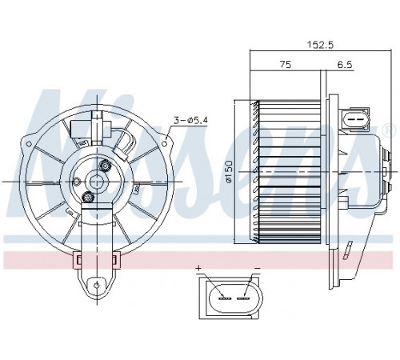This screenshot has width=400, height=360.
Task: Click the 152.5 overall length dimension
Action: pyautogui.click(x=320, y=44)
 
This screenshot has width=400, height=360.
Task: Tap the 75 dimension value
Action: pyautogui.click(x=286, y=65)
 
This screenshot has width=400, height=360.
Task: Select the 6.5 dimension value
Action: pyautogui.click(x=344, y=65)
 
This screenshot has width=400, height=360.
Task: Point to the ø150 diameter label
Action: pyautogui.click(x=229, y=171)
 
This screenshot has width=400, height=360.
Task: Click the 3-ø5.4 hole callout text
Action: pyautogui.click(x=190, y=121)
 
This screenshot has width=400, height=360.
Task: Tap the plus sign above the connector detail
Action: pyautogui.click(x=198, y=268)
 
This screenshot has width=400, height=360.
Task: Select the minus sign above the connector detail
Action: pyautogui.click(x=257, y=268)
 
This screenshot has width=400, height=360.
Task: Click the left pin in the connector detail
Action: pyautogui.click(x=224, y=298)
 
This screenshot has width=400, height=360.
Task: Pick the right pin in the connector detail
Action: pyautogui.click(x=243, y=298)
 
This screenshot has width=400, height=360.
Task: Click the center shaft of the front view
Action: pyautogui.click(x=96, y=182)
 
